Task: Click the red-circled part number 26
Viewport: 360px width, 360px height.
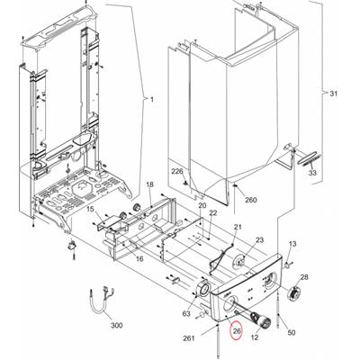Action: pyautogui.click(x=237, y=331)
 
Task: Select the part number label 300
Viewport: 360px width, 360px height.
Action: pyautogui.click(x=116, y=325)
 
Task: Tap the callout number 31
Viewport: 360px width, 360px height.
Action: pyautogui.click(x=334, y=94)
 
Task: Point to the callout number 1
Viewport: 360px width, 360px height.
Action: pyautogui.click(x=152, y=99)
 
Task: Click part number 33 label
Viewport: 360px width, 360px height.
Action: pyautogui.click(x=312, y=173)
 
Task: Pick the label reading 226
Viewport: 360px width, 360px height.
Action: pyautogui.click(x=177, y=172)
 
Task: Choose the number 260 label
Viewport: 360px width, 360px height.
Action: pyautogui.click(x=251, y=200)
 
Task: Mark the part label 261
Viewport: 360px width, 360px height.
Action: pyautogui.click(x=189, y=338)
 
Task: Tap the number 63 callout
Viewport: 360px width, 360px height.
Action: pyautogui.click(x=186, y=314)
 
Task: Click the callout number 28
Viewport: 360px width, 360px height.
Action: pyautogui.click(x=304, y=277)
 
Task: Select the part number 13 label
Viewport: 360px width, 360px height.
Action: pyautogui.click(x=292, y=244)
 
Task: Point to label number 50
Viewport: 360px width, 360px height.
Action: pyautogui.click(x=292, y=332)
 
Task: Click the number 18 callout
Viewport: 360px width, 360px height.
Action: pyautogui.click(x=149, y=184)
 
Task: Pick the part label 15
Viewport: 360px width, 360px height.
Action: pyautogui.click(x=91, y=209)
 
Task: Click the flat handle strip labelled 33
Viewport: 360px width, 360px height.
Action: pyautogui.click(x=309, y=157)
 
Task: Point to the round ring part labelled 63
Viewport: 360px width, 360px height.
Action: pyautogui.click(x=202, y=289)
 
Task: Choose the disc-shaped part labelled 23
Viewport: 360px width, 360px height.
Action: pyautogui.click(x=238, y=260)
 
